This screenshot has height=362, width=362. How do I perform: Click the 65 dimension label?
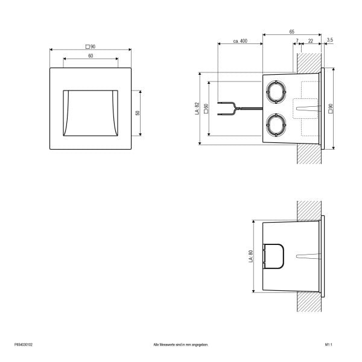(x=292, y=31)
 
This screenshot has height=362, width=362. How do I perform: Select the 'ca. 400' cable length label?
(x=240, y=41)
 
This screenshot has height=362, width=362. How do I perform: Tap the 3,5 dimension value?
(x=330, y=40)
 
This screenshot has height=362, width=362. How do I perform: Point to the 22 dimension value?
(x=311, y=41)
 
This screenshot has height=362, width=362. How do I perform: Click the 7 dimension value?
(x=297, y=41)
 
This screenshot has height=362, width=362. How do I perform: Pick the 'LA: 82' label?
(x=197, y=109)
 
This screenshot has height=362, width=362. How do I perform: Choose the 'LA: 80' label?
(x=251, y=256)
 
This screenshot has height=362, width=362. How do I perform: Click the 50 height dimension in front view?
(x=138, y=113)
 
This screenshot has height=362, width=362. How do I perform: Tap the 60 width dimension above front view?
(x=91, y=56)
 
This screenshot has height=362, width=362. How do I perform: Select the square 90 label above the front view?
(x=91, y=46)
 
